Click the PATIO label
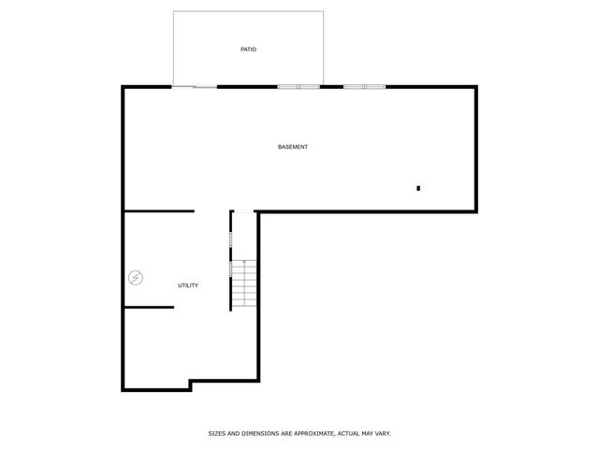[x=248, y=49]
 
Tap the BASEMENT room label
[x=293, y=147]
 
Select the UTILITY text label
[x=188, y=285]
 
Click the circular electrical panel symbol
[x=137, y=277]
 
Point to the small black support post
[x=418, y=189]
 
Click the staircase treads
[x=243, y=284]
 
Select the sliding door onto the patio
[x=195, y=87]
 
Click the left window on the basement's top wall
[x=299, y=87]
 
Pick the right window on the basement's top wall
[x=364, y=87]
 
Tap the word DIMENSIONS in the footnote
[x=256, y=434]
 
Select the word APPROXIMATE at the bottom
[x=310, y=434]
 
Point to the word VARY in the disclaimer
[x=382, y=434]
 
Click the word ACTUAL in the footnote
[x=350, y=434]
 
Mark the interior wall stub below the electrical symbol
[x=149, y=307]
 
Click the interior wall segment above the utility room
[x=159, y=211]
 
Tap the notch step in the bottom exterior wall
[x=190, y=384]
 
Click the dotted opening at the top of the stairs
[x=243, y=212]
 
